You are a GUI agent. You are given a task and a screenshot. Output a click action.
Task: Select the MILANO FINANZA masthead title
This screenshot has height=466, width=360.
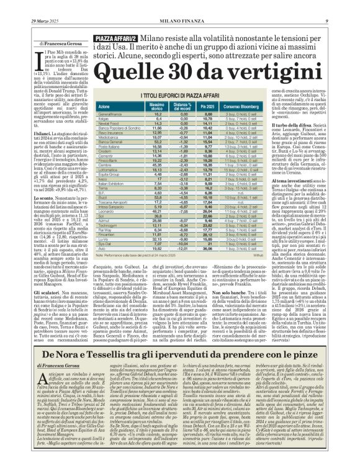[x=180, y=5]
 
